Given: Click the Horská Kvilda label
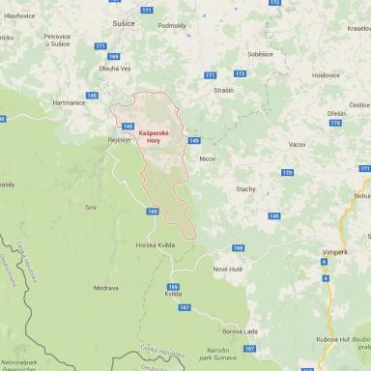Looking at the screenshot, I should tap(155, 245).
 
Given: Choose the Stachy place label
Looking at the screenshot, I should tap(245, 188).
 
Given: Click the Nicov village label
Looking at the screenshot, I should tap(207, 157).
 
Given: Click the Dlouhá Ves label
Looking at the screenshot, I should tap(109, 68).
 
